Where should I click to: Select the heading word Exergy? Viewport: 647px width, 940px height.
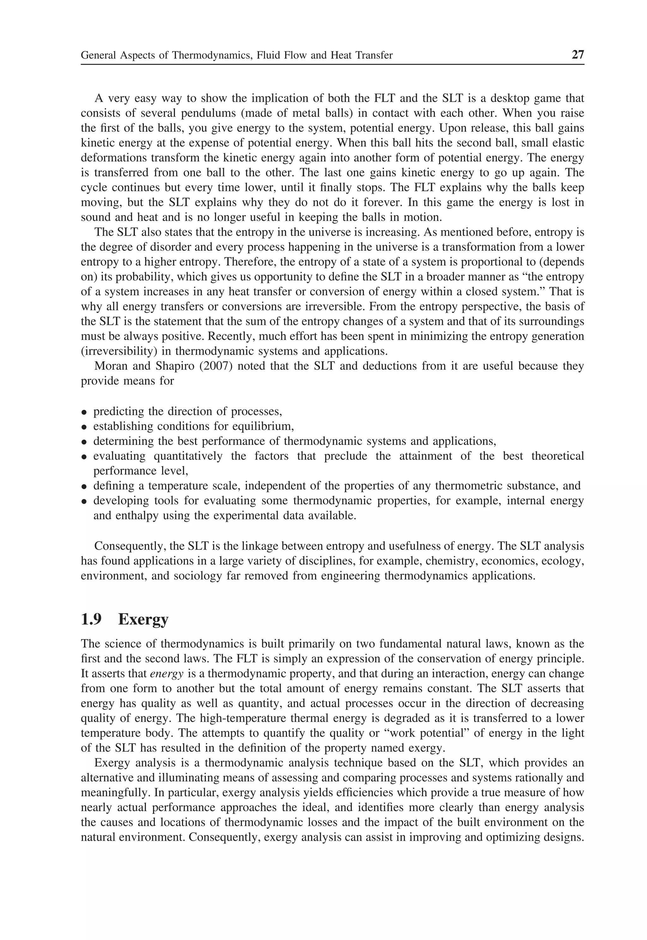pyautogui.click(x=143, y=620)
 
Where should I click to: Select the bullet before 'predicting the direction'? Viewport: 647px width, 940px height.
pyautogui.click(x=84, y=412)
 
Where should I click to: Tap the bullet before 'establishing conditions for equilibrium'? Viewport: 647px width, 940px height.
pyautogui.click(x=84, y=427)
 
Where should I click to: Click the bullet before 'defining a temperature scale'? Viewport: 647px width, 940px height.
pyautogui.click(x=84, y=486)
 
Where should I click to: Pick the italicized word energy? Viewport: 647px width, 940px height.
pyautogui.click(x=166, y=674)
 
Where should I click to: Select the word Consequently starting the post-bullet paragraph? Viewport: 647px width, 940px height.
pyautogui.click(x=129, y=546)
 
